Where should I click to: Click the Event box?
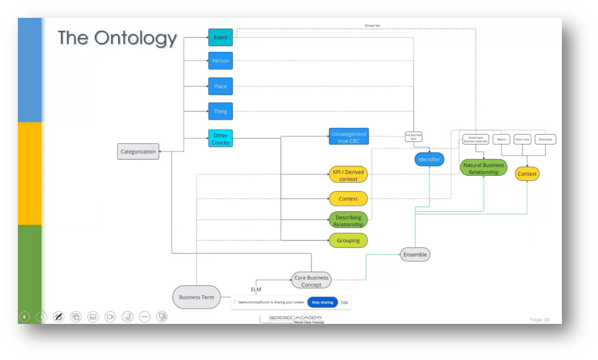220,38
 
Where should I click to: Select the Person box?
220,61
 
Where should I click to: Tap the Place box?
220,86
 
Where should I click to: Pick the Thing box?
220,111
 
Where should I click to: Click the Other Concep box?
220,139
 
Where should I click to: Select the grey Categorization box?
138,152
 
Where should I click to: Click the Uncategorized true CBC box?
348,137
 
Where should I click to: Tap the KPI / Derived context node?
348,175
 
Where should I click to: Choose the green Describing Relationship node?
348,220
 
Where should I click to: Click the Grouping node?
348,240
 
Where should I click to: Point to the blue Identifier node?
429,159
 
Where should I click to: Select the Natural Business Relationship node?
483,168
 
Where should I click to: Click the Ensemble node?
415,254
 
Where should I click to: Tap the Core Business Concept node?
311,281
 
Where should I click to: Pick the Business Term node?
196,297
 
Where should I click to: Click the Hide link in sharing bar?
344,302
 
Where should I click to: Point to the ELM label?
256,289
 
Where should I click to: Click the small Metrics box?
501,140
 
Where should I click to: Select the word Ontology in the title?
135,38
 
